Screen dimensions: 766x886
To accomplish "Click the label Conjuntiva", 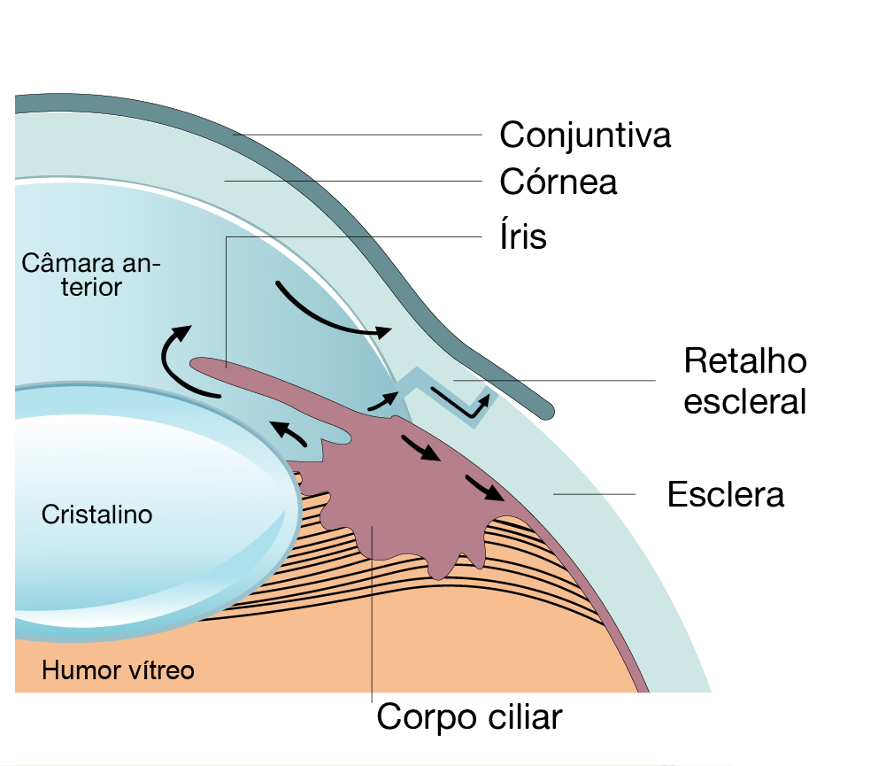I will click(x=585, y=135).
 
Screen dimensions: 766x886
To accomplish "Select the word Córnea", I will click(x=558, y=182).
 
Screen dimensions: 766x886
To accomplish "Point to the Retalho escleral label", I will click(x=745, y=381).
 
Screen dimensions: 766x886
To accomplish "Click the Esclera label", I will click(x=726, y=494).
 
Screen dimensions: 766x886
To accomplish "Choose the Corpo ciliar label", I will click(x=469, y=716).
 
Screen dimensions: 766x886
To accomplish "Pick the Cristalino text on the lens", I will click(x=97, y=515).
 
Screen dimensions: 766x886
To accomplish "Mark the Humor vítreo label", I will click(x=118, y=670).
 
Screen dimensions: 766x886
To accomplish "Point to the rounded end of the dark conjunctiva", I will click(x=546, y=409).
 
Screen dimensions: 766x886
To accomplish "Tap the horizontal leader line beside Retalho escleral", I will click(x=566, y=381).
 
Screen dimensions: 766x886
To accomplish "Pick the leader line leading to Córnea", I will click(x=354, y=181).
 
